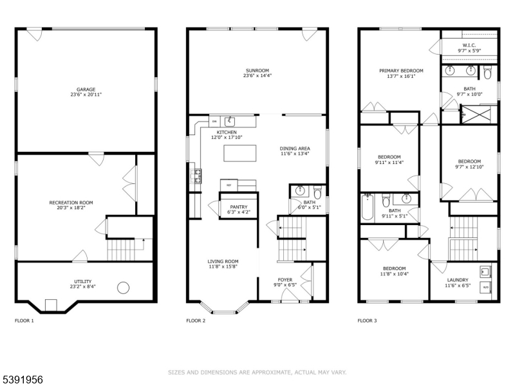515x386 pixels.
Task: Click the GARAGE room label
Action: (86, 89)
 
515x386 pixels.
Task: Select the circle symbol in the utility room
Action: (124, 288)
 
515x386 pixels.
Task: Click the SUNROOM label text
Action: (257, 70)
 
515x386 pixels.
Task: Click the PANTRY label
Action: (238, 207)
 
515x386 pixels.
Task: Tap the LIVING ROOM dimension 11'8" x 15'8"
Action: (223, 266)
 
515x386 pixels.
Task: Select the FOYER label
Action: (285, 280)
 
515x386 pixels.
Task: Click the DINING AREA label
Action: (295, 148)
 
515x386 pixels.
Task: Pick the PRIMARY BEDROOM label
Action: (401, 71)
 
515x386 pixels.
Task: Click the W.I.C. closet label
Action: (469, 45)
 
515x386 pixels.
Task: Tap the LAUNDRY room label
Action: (458, 280)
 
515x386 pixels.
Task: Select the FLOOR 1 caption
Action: (24, 320)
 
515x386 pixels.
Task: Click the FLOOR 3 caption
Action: (367, 320)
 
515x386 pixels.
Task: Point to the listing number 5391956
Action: (23, 380)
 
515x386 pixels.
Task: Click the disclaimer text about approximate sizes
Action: (257, 372)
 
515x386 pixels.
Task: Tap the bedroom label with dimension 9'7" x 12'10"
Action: (469, 161)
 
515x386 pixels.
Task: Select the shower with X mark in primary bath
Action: (477, 115)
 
